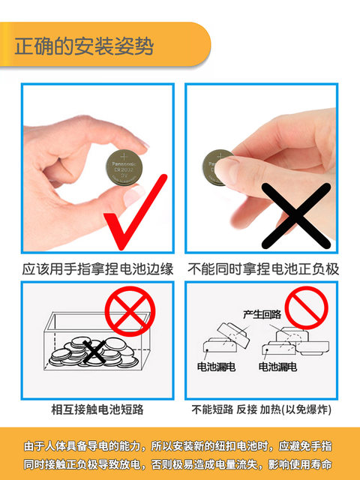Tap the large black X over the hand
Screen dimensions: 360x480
(x=296, y=216)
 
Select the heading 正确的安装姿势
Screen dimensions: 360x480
(x=84, y=46)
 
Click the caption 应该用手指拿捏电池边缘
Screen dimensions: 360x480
(x=97, y=268)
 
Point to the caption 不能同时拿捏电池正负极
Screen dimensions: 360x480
(x=263, y=268)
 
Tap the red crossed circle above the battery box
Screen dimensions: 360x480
(x=130, y=311)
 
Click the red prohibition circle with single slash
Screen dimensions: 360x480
(x=307, y=307)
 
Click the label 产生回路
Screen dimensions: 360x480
(x=262, y=314)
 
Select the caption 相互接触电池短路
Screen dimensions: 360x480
(x=97, y=409)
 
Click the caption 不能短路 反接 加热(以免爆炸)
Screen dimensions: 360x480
(x=262, y=409)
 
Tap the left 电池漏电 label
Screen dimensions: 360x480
(x=216, y=367)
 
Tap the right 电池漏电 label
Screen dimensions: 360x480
(x=277, y=367)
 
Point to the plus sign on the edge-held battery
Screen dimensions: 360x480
(x=124, y=157)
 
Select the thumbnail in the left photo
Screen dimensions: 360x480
(x=133, y=195)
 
